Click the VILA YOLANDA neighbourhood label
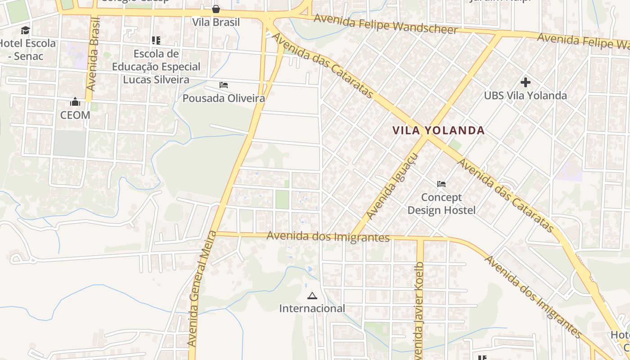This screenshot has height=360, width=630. pyautogui.click(x=438, y=130)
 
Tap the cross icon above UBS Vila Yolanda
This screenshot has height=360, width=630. pyautogui.click(x=525, y=82)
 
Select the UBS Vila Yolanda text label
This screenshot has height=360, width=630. pyautogui.click(x=525, y=95)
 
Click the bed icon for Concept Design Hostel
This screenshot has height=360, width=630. pyautogui.click(x=441, y=184)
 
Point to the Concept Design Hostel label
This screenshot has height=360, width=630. pyautogui.click(x=441, y=203)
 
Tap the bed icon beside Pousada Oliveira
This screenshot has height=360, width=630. pyautogui.click(x=224, y=85)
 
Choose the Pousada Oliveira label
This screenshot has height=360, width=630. pyautogui.click(x=224, y=98)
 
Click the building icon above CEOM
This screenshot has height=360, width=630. pyautogui.click(x=75, y=102)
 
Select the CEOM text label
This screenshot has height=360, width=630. pyautogui.click(x=75, y=115)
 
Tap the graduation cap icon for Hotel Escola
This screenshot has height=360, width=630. pyautogui.click(x=26, y=31)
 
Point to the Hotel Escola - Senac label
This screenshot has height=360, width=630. pyautogui.click(x=28, y=49)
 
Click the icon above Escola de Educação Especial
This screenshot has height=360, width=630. pyautogui.click(x=156, y=40)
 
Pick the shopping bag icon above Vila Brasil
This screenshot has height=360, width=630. pyautogui.click(x=216, y=9)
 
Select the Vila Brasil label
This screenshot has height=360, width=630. pyautogui.click(x=216, y=22)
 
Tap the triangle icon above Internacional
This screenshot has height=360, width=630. pyautogui.click(x=312, y=296)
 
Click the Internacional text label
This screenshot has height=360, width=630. pyautogui.click(x=312, y=308)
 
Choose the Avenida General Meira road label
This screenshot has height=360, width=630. pyautogui.click(x=199, y=289)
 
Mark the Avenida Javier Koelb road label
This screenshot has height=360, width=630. pyautogui.click(x=419, y=310)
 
